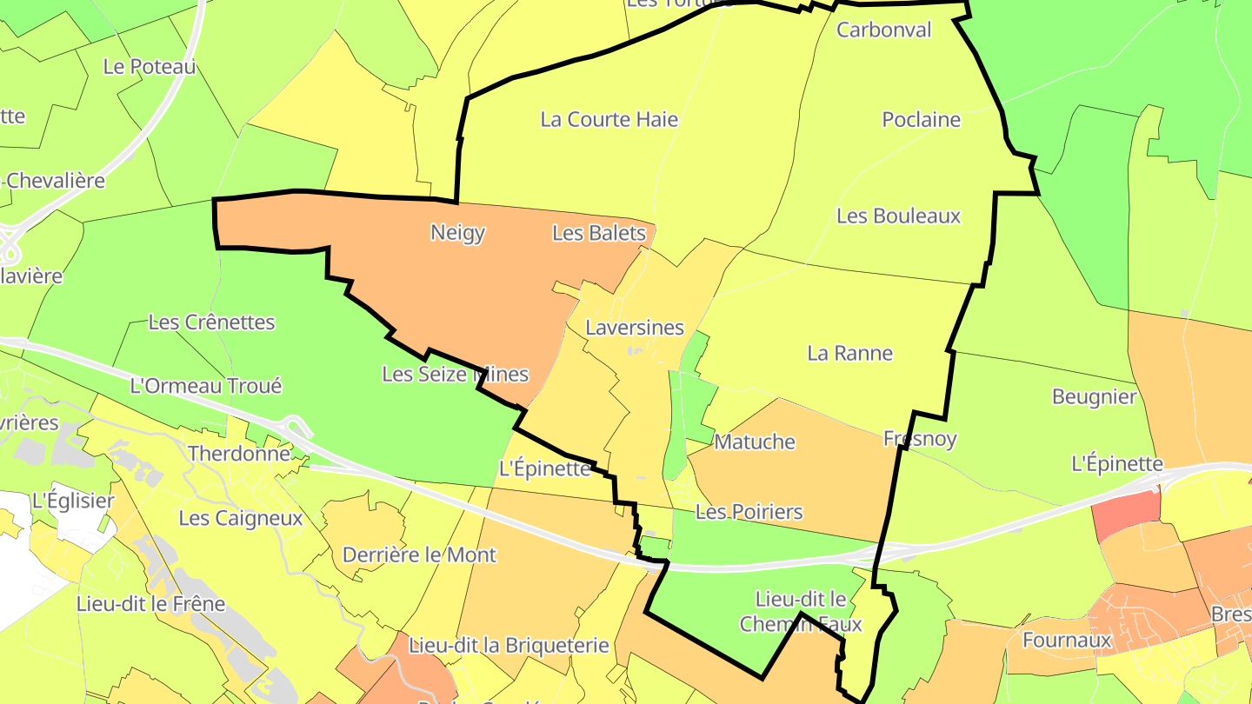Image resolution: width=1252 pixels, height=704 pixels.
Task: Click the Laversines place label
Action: click(x=635, y=329)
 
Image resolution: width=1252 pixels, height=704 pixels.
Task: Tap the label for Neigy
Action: click(x=457, y=233)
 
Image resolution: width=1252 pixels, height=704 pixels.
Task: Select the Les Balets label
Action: click(x=599, y=233)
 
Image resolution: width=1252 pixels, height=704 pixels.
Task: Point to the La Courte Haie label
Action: click(x=609, y=119)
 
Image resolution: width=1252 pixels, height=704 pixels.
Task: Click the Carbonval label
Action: click(x=883, y=30)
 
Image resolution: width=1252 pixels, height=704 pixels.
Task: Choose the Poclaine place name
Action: click(x=921, y=119)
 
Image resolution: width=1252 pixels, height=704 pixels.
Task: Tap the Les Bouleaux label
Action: click(x=898, y=216)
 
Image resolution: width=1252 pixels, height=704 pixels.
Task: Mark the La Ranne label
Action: click(x=849, y=353)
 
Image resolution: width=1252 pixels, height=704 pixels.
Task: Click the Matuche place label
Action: click(x=755, y=442)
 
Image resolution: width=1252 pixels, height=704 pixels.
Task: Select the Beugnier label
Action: click(x=1094, y=397)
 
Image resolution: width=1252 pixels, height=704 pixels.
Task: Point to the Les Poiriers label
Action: click(x=749, y=512)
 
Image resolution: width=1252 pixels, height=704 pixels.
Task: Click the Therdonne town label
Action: click(x=239, y=454)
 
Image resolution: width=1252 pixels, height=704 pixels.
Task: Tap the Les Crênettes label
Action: click(x=211, y=322)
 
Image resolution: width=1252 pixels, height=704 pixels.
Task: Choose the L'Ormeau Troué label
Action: click(x=205, y=386)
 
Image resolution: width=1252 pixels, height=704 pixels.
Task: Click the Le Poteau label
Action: click(x=150, y=66)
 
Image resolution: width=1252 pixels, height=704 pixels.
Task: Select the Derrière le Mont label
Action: click(x=419, y=555)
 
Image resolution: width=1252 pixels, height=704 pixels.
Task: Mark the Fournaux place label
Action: click(x=1067, y=641)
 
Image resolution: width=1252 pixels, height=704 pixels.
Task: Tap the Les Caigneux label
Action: click(x=241, y=518)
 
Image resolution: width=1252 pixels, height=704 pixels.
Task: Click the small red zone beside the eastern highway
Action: click(x=1126, y=514)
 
